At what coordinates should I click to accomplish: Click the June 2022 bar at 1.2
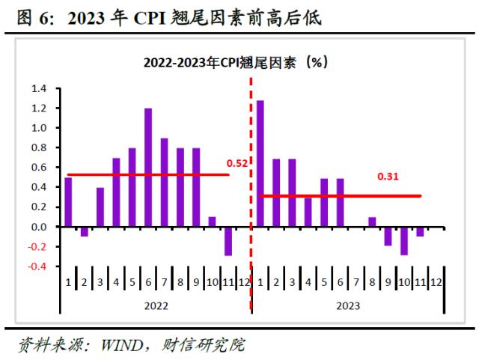pos(148,168)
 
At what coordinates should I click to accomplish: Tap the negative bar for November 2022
pos(228,241)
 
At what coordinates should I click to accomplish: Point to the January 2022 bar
pos(68,202)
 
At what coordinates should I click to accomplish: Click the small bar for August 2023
pos(372,222)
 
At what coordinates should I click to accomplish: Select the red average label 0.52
pos(237,162)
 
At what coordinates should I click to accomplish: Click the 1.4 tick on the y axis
pos(39,89)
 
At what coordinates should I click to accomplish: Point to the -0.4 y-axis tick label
pos(37,266)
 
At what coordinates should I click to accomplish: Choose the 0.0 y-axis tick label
pos(39,227)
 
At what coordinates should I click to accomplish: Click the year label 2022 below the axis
pos(156,305)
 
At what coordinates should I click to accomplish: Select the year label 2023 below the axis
pos(348,305)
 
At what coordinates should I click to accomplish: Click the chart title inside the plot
pos(237,64)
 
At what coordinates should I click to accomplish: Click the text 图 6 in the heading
pos(34,18)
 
